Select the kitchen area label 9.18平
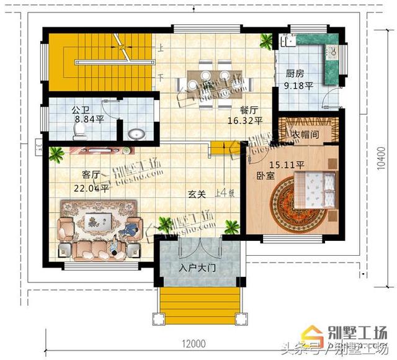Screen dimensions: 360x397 pyautogui.click(x=298, y=86)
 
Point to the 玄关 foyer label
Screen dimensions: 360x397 pyautogui.click(x=197, y=194)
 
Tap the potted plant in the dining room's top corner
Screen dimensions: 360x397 pyautogui.click(x=265, y=40)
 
